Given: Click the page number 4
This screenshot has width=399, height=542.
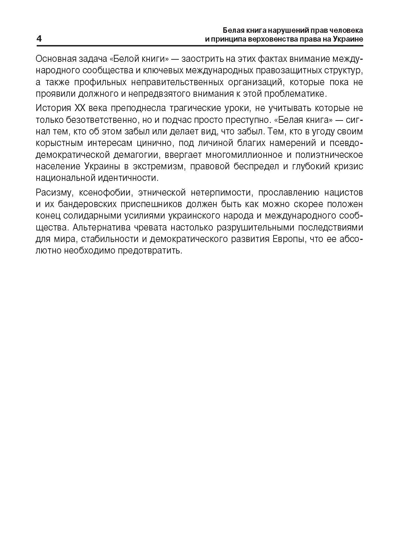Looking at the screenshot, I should pos(39,39).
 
